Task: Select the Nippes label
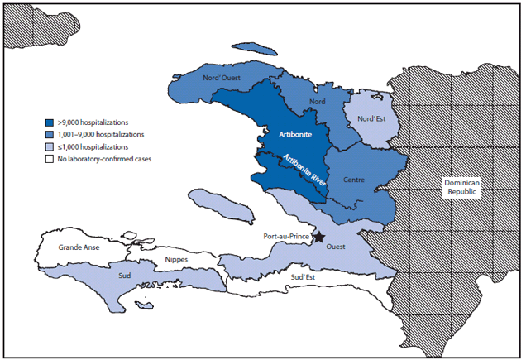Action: pyautogui.click(x=176, y=260)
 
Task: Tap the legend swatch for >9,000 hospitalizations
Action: pyautogui.click(x=50, y=122)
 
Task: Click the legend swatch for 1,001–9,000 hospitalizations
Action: pyautogui.click(x=50, y=134)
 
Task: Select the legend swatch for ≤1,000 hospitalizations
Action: pyautogui.click(x=50, y=146)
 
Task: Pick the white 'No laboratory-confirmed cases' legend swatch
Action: pyautogui.click(x=50, y=158)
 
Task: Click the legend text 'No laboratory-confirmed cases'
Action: pyautogui.click(x=107, y=158)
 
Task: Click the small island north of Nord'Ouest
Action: pyautogui.click(x=255, y=48)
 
